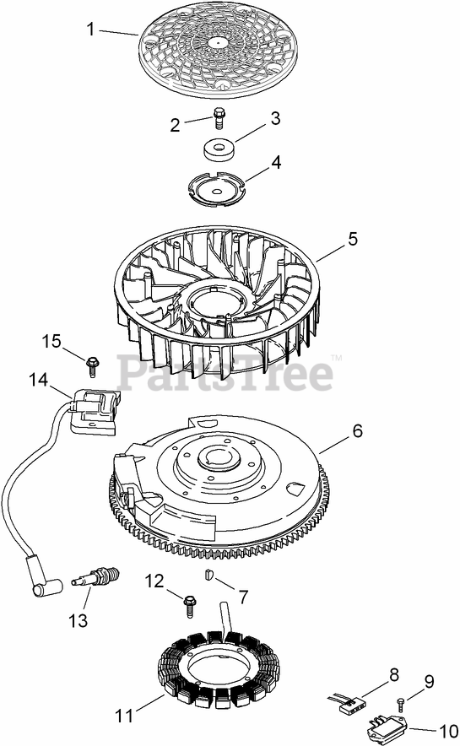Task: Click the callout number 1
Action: point(90,29)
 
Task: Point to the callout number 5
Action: point(353,238)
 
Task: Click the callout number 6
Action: point(357,430)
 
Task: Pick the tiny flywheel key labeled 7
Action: point(208,575)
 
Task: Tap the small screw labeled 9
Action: point(401,703)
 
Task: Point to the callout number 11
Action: point(125,715)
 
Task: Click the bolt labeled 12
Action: point(189,606)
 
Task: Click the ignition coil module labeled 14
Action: point(94,411)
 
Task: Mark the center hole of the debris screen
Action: point(218,42)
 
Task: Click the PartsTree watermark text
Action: point(225,374)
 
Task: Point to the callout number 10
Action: point(446,731)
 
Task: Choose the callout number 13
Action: point(78,620)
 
